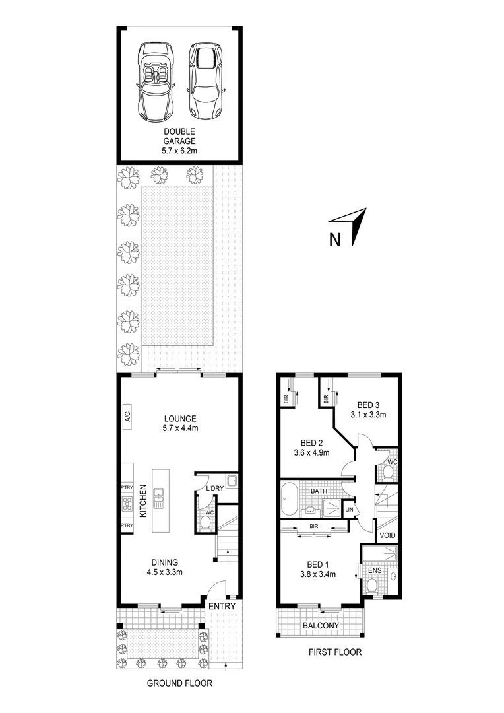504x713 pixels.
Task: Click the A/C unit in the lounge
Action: pyautogui.click(x=127, y=417)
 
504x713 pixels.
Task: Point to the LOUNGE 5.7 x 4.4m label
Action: pyautogui.click(x=180, y=423)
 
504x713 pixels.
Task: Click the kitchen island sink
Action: pyautogui.click(x=160, y=498)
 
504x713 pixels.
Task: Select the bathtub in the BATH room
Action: pyautogui.click(x=288, y=500)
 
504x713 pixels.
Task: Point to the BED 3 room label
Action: pyautogui.click(x=367, y=409)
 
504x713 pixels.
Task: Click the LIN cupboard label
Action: pyautogui.click(x=349, y=510)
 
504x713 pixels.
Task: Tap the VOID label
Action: pyautogui.click(x=388, y=535)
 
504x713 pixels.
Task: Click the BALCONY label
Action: pyautogui.click(x=321, y=626)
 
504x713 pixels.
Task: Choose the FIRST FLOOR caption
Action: pyautogui.click(x=336, y=652)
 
